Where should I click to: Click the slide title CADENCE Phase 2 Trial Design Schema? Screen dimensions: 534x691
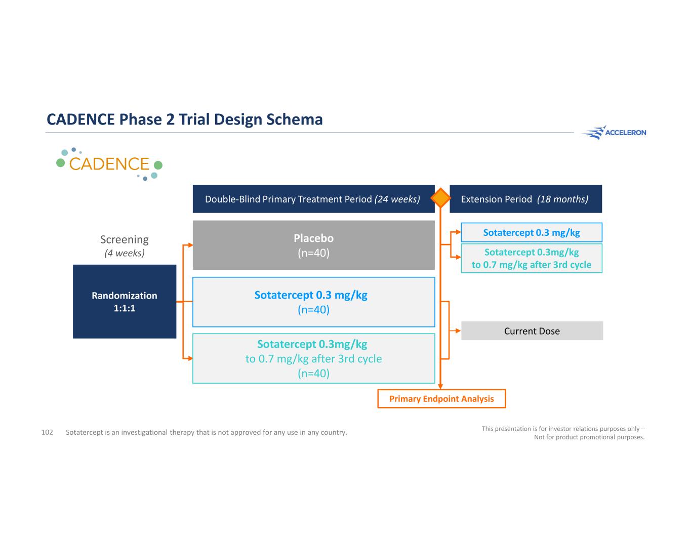(184, 119)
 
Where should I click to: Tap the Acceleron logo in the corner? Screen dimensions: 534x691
(614, 133)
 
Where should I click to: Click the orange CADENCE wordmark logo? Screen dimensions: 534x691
(109, 164)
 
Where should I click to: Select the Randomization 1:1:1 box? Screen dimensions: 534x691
(125, 302)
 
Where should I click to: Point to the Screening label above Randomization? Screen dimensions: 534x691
(125, 239)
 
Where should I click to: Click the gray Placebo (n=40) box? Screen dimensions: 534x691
(313, 245)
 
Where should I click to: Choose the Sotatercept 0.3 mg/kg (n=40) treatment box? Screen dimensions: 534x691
(313, 302)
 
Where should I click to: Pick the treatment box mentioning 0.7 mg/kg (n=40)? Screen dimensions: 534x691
(313, 358)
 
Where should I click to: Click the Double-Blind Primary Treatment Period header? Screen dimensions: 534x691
(313, 199)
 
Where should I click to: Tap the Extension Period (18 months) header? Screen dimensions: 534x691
(525, 199)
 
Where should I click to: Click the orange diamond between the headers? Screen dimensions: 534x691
(441, 198)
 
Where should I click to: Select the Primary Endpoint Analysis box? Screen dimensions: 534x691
(441, 399)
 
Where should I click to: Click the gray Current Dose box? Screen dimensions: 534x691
(532, 331)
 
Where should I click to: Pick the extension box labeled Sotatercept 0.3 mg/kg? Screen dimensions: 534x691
(532, 233)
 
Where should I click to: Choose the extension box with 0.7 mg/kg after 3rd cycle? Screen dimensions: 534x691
(532, 259)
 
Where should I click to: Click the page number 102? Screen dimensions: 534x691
(47, 432)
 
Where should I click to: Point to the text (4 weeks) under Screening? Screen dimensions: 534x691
(125, 253)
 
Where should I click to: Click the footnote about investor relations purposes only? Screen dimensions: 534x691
(563, 433)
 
